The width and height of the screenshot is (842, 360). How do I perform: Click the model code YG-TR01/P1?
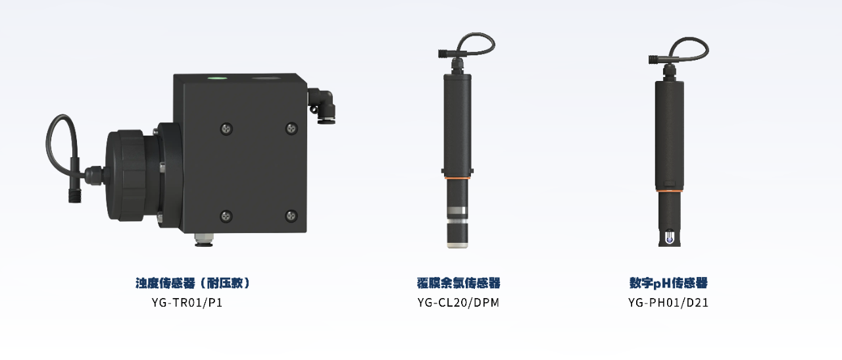[x=187, y=303]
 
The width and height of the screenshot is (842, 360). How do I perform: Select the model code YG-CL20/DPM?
[x=458, y=303]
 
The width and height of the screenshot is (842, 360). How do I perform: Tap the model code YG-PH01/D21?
[x=668, y=303]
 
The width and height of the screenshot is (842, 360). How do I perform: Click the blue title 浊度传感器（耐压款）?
[x=193, y=283]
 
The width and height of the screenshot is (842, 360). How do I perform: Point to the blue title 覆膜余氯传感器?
[x=458, y=283]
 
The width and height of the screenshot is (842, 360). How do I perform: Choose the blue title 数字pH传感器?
[x=669, y=283]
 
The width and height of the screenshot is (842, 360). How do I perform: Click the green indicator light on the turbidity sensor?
[x=217, y=78]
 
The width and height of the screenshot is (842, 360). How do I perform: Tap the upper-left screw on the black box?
[x=226, y=129]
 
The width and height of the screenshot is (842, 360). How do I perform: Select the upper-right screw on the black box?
[x=291, y=129]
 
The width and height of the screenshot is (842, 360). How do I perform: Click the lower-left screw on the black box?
[x=226, y=216]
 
